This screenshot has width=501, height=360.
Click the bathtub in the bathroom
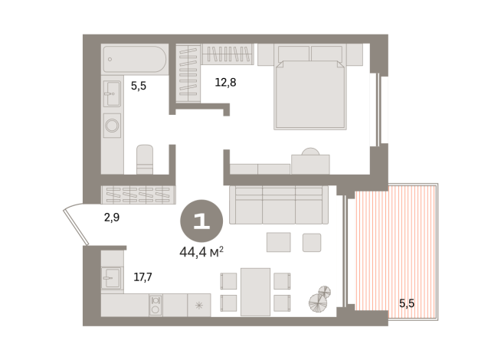[x=134, y=58]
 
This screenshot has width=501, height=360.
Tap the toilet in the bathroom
[x=146, y=159]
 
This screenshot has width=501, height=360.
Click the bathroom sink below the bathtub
[x=112, y=93]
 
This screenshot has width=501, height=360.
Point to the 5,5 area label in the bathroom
[x=139, y=87]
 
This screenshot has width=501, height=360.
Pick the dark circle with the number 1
[x=201, y=221]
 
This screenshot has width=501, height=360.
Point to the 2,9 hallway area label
[x=111, y=218]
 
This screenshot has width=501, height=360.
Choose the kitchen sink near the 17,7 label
[x=112, y=277]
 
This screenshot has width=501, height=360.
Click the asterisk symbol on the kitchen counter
[x=199, y=306]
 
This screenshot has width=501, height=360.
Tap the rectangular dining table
[x=255, y=292]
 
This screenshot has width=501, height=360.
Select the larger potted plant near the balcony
[x=319, y=303]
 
